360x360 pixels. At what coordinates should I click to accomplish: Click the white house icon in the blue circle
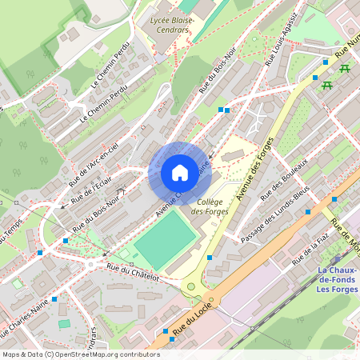(x=179, y=172)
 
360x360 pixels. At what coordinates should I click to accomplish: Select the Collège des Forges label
(x=210, y=206)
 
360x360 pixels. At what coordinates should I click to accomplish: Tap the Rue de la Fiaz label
(x=311, y=249)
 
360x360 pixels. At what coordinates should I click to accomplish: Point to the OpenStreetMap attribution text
(x=80, y=354)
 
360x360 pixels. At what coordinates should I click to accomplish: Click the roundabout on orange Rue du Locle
(x=192, y=287)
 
